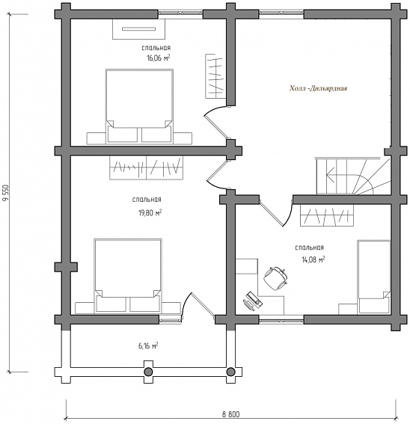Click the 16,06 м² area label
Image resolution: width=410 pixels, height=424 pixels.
pos(159,58)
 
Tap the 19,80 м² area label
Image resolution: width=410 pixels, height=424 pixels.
pos(150,212)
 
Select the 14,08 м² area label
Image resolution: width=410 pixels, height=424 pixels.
pos(313,259)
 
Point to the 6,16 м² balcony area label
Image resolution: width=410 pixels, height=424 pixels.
pos(149,345)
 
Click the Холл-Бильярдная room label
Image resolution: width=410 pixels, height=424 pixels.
pos(318,88)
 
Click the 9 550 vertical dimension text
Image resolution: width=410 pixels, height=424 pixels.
pos(5,193)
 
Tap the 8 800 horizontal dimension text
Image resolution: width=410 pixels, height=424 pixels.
pos(231,414)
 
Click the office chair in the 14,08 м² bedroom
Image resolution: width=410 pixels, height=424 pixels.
pos(275,278)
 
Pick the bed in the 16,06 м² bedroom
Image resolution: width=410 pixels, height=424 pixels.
pos(139,105)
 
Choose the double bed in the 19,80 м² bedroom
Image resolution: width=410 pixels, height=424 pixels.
pos(128,275)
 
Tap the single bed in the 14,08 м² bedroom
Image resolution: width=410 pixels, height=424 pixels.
pos(374,277)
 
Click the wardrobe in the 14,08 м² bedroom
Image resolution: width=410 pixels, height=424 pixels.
pos(327,215)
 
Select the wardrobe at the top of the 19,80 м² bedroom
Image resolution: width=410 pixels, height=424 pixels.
pos(146,168)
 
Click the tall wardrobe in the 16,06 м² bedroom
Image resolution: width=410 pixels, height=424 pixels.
pos(214,76)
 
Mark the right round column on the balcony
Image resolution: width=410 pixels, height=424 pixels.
pos(230,372)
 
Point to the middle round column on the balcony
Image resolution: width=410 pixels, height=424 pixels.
pos(148,372)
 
